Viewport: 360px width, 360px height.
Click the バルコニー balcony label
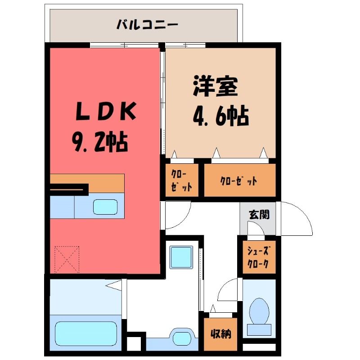click(x=148, y=25)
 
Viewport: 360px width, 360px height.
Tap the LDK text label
click(x=106, y=112)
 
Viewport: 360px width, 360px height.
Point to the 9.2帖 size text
click(x=100, y=142)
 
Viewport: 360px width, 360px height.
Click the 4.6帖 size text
click(x=221, y=116)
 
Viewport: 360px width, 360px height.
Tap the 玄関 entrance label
click(x=260, y=215)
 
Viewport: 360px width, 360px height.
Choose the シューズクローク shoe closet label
click(x=258, y=257)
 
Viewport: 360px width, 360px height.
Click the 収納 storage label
click(x=220, y=333)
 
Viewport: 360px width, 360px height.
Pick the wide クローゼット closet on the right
click(x=240, y=180)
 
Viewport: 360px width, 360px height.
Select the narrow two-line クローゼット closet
click(x=182, y=180)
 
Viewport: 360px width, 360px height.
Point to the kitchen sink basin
click(x=105, y=207)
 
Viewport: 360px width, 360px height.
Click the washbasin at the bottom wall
click(x=182, y=338)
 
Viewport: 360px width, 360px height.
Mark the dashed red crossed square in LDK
click(x=67, y=260)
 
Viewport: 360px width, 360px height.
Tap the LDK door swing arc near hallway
click(x=184, y=220)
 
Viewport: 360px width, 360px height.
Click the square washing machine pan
click(x=181, y=257)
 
